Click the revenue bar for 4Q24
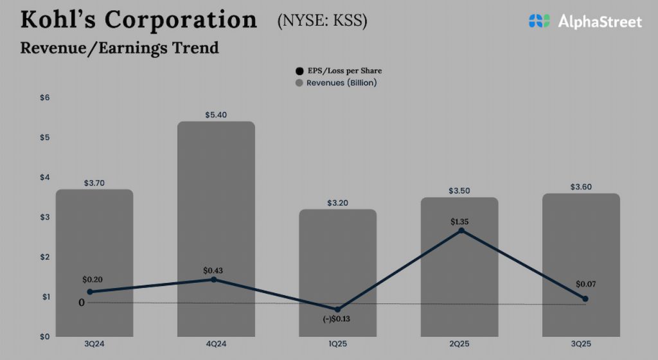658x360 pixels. [216, 193]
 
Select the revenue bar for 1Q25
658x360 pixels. [338, 257]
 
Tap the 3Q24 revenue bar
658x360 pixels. [94, 244]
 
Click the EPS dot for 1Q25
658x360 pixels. [338, 309]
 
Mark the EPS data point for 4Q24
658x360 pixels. [213, 279]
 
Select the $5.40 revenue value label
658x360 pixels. [216, 114]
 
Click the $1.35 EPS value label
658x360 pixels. [459, 221]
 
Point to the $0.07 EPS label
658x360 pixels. [585, 283]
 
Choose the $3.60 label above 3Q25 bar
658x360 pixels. [581, 187]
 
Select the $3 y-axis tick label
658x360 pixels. [46, 217]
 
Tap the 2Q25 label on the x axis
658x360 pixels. [459, 345]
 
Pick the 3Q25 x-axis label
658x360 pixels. [581, 345]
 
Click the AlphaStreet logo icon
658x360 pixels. [540, 21]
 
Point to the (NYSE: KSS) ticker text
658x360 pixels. [323, 21]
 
